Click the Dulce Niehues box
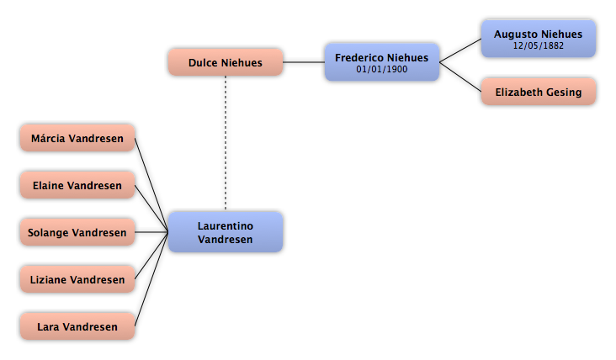226,62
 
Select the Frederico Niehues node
382,62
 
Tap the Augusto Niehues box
539,39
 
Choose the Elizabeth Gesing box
539,92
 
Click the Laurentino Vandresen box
226,232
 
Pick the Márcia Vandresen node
77,138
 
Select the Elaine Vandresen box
77,185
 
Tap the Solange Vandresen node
77,232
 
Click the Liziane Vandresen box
77,279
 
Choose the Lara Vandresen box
77,326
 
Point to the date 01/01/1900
382,69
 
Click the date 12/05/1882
539,45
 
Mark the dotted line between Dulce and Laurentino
226,142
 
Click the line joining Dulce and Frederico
304,62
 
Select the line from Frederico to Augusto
460,50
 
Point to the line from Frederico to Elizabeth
460,77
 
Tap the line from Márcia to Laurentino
151,185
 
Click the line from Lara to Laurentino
151,279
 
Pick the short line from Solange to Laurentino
151,232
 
